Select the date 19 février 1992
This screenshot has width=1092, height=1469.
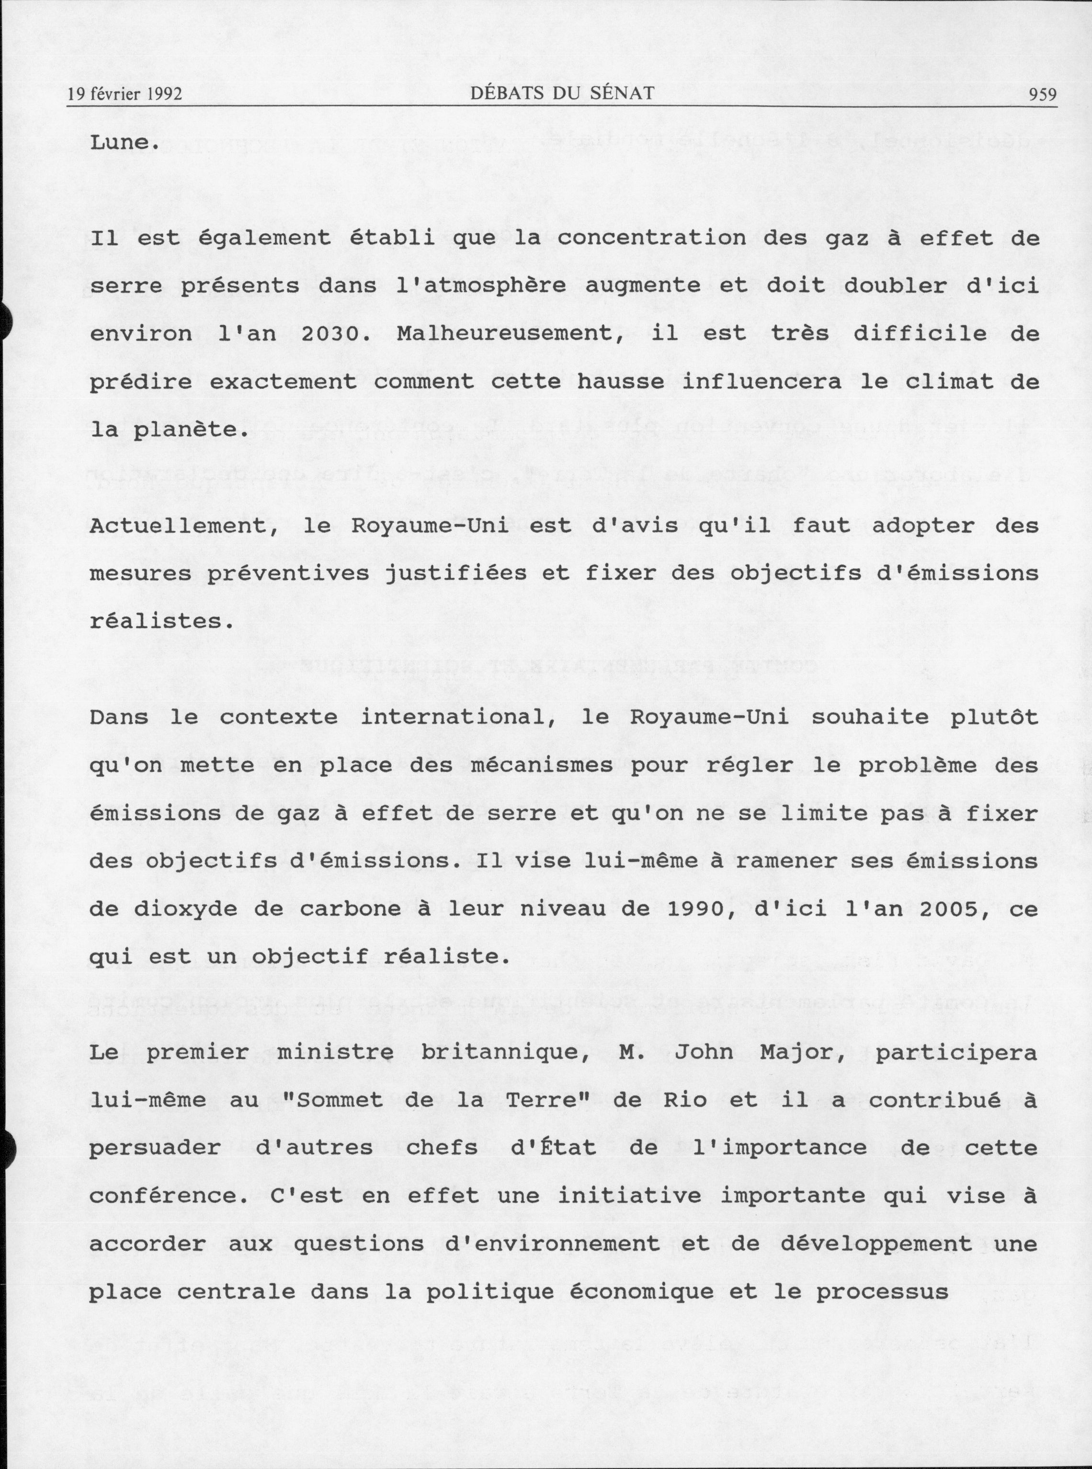coord(124,94)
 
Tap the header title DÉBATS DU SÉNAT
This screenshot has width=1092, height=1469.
coord(563,93)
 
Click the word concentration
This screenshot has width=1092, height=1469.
coord(650,238)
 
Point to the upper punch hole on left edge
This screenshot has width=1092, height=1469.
coord(5,322)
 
